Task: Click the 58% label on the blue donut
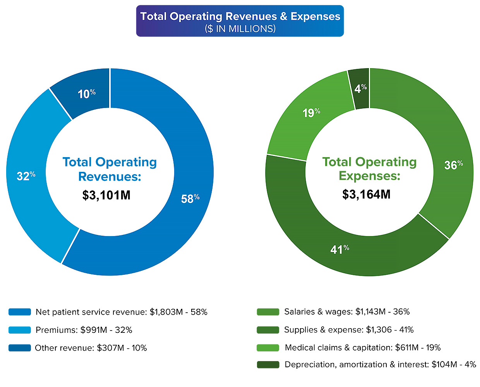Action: [190, 199]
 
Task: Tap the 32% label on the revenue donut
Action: [26, 176]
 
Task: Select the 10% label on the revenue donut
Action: [86, 94]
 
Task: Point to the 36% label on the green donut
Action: [453, 165]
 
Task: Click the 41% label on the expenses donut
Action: [339, 249]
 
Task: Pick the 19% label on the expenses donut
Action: [311, 113]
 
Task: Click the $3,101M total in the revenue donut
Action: [106, 195]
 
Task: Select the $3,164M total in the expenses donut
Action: [366, 194]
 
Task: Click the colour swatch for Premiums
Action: [20, 330]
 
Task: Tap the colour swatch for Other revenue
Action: [20, 348]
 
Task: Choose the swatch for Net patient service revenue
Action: [20, 312]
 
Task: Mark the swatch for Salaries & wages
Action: [268, 312]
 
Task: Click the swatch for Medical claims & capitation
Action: [268, 348]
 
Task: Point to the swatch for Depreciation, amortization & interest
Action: [268, 365]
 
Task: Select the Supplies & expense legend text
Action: [348, 330]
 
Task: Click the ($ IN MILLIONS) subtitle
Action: [240, 29]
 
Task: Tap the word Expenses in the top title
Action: [315, 16]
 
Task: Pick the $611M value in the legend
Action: [406, 348]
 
